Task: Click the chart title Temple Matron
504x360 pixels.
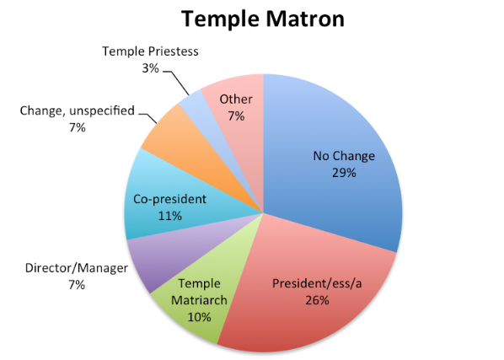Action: (x=263, y=19)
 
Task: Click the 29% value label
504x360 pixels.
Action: (x=344, y=173)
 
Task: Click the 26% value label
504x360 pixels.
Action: (x=317, y=300)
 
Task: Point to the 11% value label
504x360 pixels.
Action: (x=170, y=216)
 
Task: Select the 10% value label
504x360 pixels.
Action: (x=199, y=317)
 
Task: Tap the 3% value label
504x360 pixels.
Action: (x=150, y=68)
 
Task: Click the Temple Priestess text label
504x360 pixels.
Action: (x=150, y=51)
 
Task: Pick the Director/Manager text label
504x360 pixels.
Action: (x=77, y=268)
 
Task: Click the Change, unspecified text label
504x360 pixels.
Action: (x=78, y=111)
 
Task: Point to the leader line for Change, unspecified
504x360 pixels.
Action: (x=148, y=118)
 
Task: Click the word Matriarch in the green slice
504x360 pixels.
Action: (x=199, y=300)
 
